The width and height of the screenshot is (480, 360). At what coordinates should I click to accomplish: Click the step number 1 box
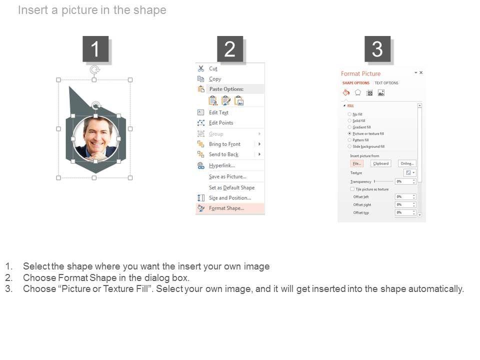95,49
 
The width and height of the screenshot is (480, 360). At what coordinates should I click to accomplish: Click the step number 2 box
230,49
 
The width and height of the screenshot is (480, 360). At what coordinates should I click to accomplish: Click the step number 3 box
377,49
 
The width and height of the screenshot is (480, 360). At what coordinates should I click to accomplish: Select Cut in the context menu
213,68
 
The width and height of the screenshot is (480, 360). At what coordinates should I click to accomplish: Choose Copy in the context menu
215,79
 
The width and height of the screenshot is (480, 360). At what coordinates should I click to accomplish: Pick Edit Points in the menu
220,123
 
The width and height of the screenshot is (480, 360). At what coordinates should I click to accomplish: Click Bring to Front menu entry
224,144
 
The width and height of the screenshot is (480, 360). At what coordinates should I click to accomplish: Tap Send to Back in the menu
223,154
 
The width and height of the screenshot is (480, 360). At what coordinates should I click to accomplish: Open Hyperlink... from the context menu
221,165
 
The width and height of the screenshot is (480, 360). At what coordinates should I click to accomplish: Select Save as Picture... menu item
227,176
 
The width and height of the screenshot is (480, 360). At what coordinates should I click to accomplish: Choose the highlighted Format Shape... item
226,208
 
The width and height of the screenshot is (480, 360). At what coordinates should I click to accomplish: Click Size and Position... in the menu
230,198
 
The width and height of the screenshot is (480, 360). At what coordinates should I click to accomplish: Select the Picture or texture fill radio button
349,134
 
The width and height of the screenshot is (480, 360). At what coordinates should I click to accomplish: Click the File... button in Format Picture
356,163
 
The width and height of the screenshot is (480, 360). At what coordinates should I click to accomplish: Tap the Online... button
407,163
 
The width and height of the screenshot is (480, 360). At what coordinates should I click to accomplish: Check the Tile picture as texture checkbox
352,189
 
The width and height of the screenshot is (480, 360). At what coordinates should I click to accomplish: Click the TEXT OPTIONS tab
386,83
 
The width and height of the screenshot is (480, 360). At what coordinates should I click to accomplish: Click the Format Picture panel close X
421,72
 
